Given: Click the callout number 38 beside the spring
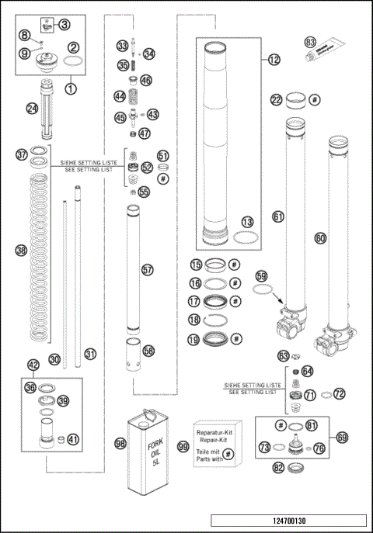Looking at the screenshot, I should (21, 250).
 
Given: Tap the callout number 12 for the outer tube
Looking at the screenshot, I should (273, 59).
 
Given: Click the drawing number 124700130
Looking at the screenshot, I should (288, 521).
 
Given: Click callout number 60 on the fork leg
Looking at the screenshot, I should (319, 238).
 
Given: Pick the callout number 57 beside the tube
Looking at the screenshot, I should (148, 269).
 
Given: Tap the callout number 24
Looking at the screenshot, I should (32, 109).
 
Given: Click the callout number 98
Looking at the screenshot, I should (120, 442).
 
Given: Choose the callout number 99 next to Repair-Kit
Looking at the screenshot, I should (183, 447).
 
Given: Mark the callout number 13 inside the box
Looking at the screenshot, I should (247, 222).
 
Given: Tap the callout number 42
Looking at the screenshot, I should (33, 365).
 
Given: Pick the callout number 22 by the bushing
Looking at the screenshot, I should (277, 99).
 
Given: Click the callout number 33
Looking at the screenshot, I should (123, 45).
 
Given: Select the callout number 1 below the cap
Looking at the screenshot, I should (71, 88).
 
